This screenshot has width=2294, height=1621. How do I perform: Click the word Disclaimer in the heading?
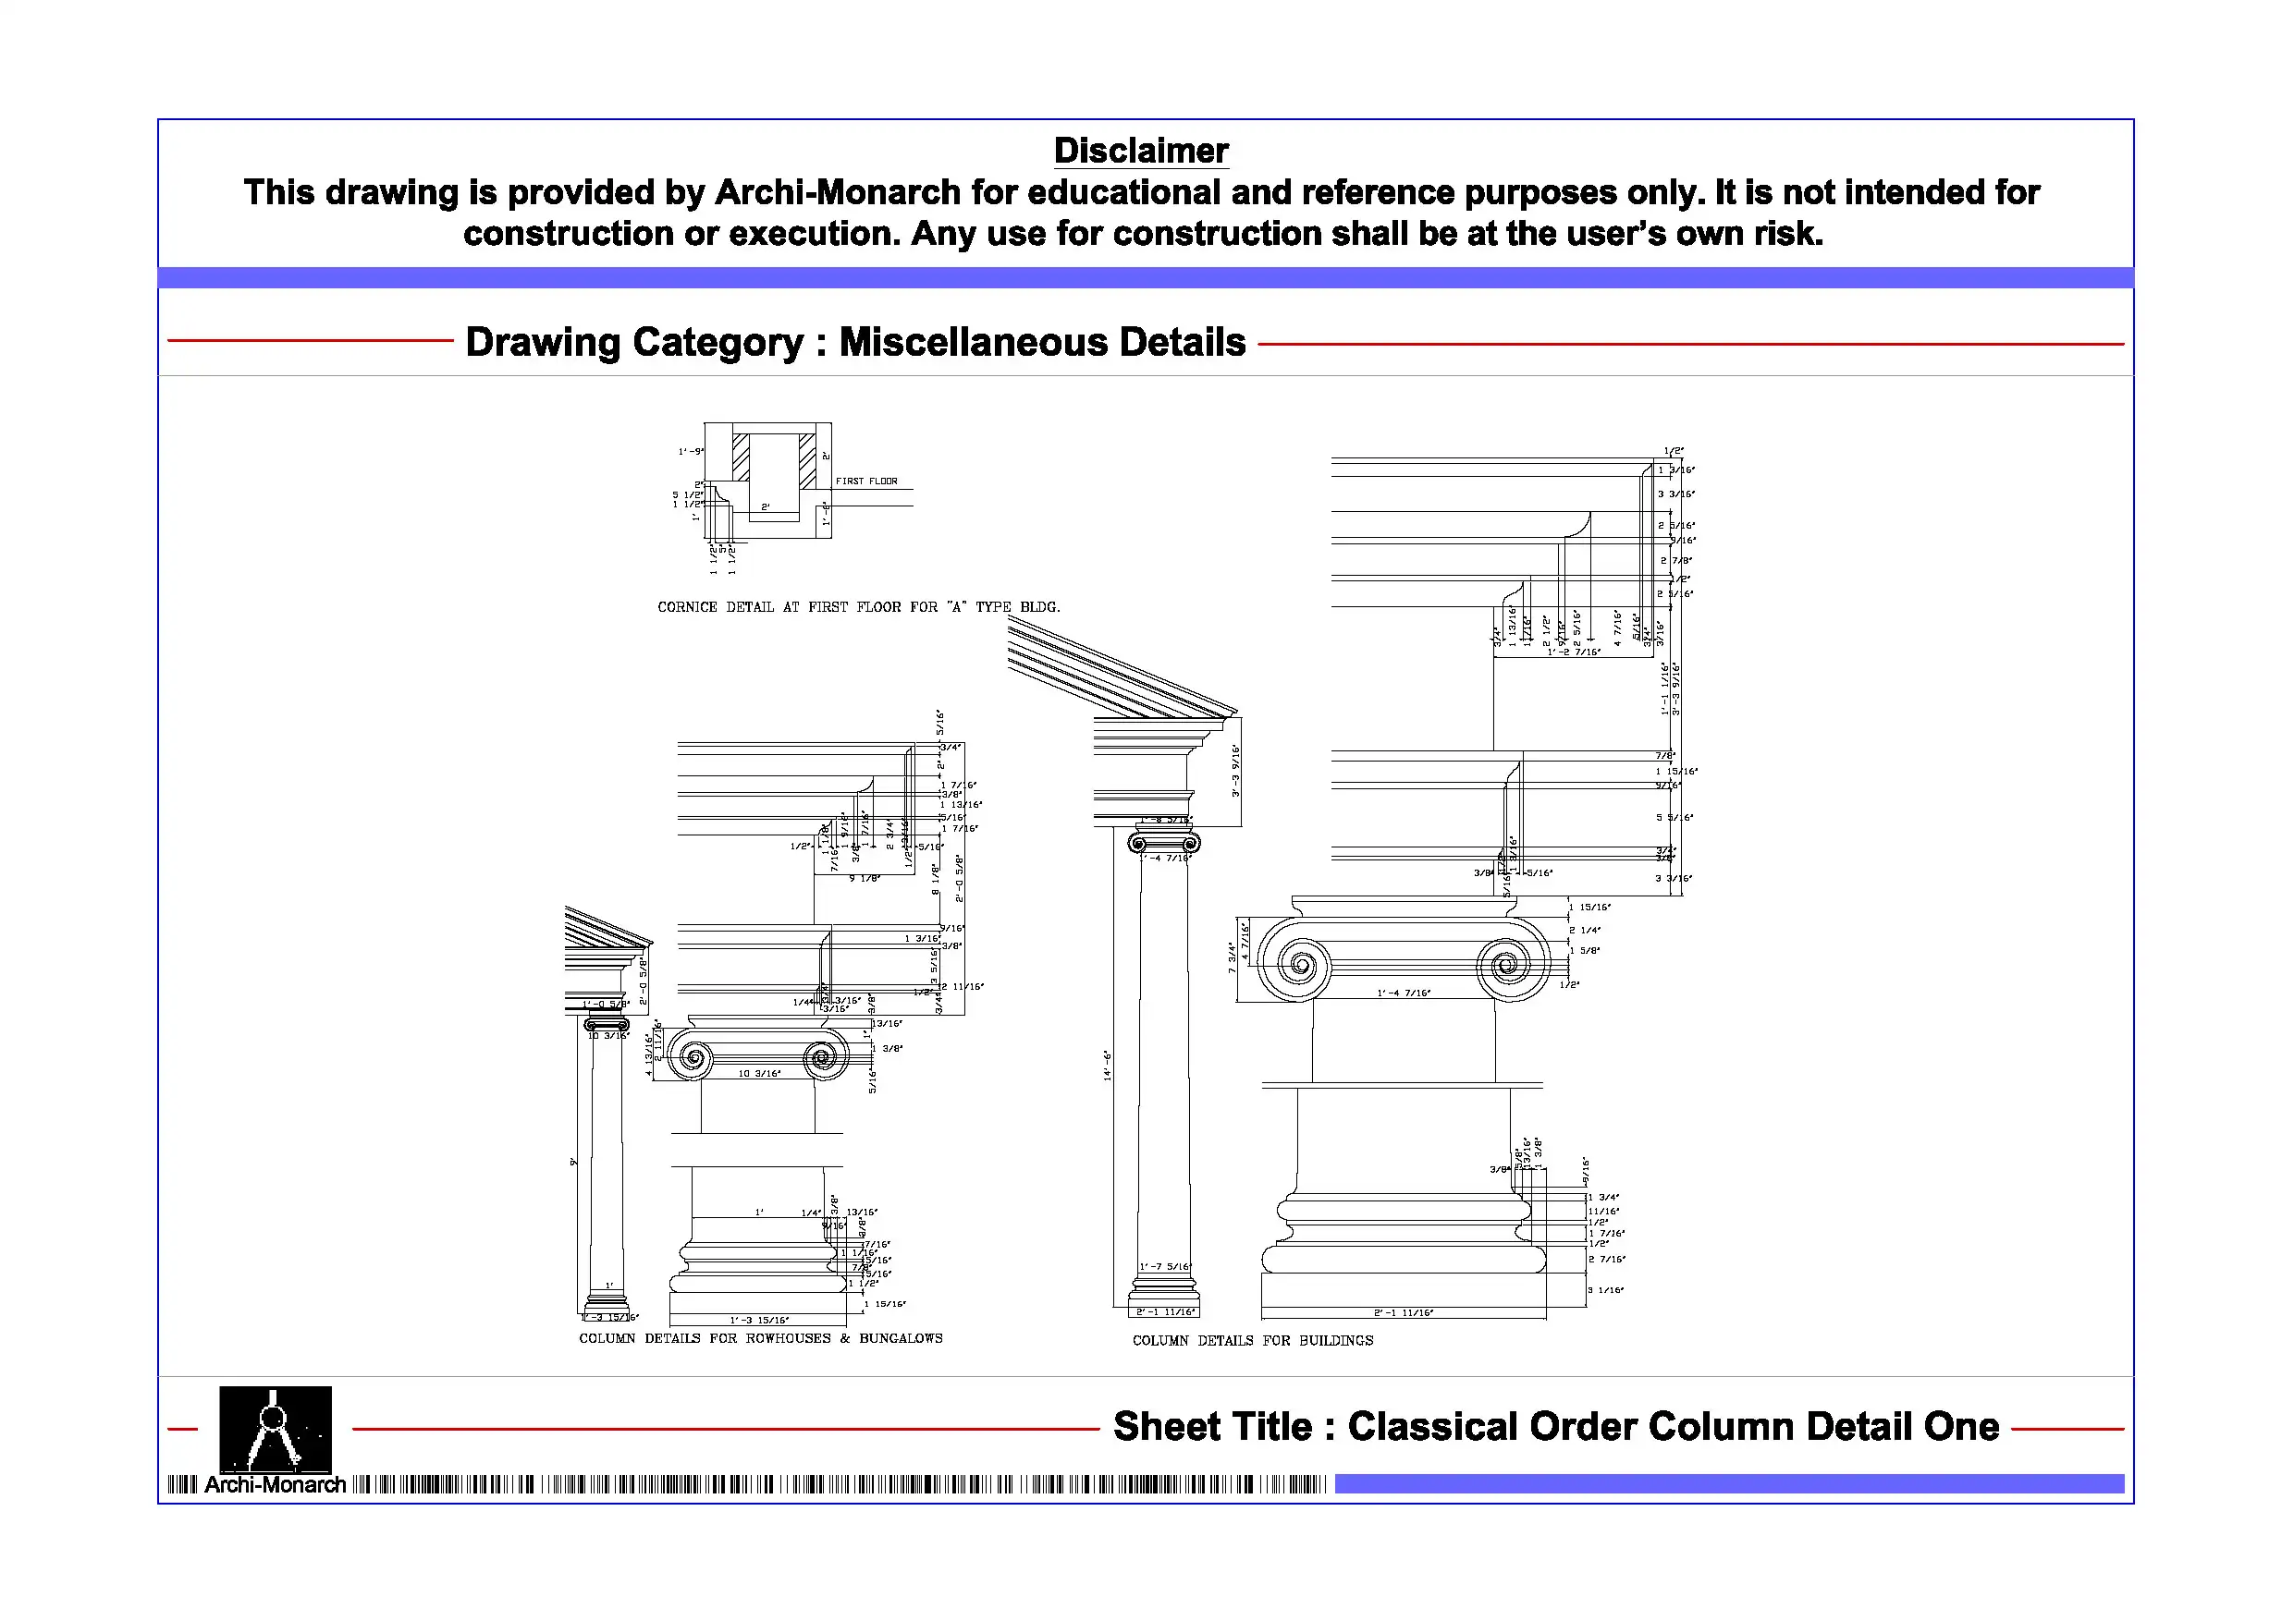1141,151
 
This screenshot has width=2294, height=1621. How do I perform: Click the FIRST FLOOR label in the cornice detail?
866,481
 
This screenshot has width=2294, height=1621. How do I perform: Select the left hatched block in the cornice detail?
741,457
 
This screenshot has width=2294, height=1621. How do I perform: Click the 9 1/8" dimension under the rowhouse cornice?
865,879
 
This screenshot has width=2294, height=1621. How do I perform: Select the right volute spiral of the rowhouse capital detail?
823,1056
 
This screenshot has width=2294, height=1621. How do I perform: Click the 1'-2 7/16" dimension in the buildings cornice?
1574,652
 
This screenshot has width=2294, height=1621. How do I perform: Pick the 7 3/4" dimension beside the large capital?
1233,957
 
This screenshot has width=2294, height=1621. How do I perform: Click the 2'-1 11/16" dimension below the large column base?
1403,1313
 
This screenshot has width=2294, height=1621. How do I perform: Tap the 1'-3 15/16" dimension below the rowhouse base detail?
758,1321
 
